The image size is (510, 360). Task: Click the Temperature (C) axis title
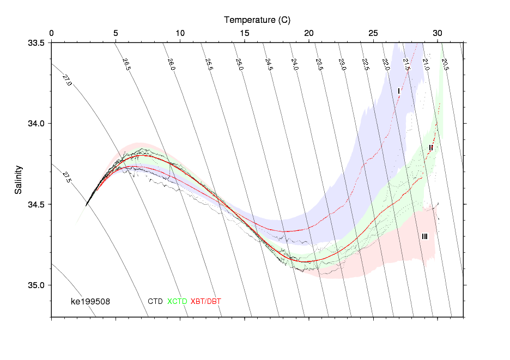(x=257, y=20)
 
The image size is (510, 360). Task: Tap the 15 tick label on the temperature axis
(x=245, y=33)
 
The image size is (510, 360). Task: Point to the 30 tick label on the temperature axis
(x=438, y=33)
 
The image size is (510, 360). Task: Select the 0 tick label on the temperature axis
(x=52, y=33)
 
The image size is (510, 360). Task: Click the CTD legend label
(x=155, y=301)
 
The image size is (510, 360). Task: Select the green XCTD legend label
(x=177, y=301)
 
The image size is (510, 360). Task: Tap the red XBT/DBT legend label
(x=206, y=301)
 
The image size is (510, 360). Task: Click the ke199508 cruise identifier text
(x=90, y=301)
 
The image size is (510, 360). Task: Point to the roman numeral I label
(x=399, y=91)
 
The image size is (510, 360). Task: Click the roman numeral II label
(x=431, y=148)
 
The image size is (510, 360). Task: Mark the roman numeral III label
(x=424, y=236)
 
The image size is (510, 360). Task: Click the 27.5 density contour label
(x=66, y=177)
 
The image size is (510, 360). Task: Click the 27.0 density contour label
(x=67, y=81)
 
